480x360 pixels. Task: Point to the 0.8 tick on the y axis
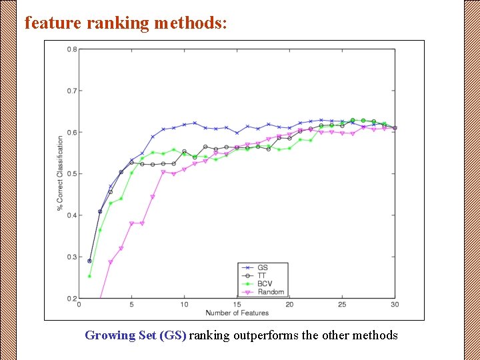71,49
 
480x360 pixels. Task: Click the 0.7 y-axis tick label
71,91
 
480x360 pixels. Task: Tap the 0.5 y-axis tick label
71,174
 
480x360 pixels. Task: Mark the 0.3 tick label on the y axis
71,257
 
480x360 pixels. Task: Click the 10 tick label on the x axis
184,305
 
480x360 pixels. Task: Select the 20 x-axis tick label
289,305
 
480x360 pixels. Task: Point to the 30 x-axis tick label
395,305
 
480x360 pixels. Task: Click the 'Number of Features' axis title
237,313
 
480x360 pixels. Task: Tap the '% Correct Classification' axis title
60,173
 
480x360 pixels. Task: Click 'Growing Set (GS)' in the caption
135,335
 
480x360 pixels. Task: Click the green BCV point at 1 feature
89,276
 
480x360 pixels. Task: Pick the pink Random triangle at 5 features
131,223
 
